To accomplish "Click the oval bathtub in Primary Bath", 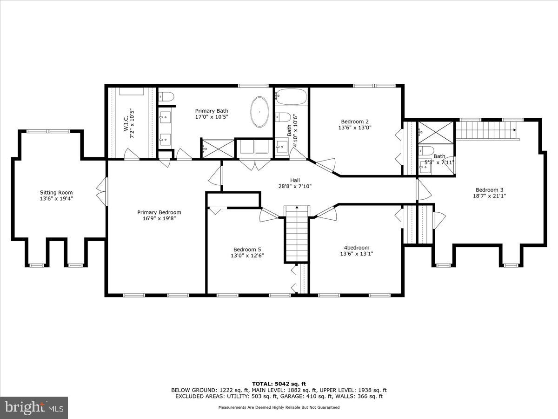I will pos(259,112).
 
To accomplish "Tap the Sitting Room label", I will pos(56,192).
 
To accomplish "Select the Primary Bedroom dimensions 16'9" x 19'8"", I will pos(159,219).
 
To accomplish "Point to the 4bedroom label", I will pos(357,248).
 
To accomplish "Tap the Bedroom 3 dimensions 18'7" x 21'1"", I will pos(490,196).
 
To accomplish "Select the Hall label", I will pos(295,180).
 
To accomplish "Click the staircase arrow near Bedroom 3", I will pos(514,130).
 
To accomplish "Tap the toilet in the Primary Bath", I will pos(166,97).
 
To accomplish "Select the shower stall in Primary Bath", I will pos(217,149).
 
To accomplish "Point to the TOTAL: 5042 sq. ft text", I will pos(279,384).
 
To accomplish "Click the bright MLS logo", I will pos(34,408).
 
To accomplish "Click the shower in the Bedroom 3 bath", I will pos(435,132).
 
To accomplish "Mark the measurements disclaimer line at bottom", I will pos(279,407).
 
